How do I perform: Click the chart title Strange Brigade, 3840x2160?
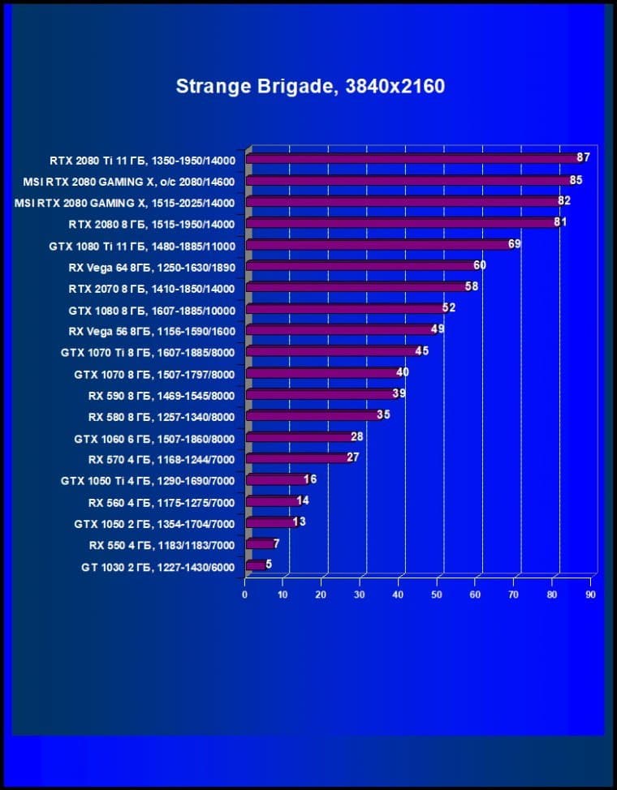pos(310,86)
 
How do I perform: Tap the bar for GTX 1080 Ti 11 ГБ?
pos(378,244)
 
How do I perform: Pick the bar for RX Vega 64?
pos(361,265)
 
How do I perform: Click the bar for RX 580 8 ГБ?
pos(313,415)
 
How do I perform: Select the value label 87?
pos(583,157)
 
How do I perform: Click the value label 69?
pos(514,243)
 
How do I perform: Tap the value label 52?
pos(448,307)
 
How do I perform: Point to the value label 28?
pos(356,436)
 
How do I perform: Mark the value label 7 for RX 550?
pos(276,543)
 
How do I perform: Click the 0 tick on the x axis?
pos(244,595)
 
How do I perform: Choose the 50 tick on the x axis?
pos(437,595)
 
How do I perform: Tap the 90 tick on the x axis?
pos(590,595)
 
